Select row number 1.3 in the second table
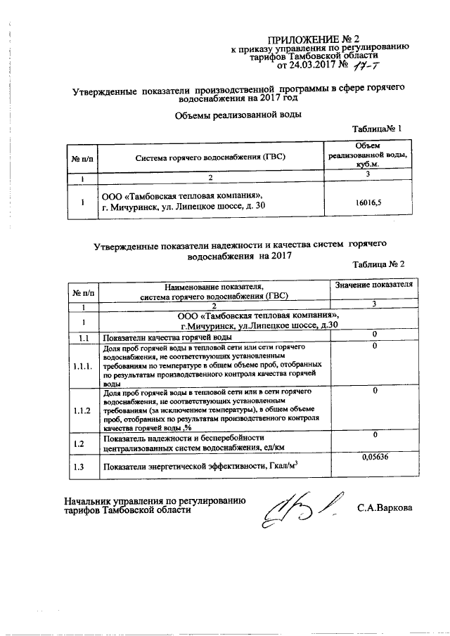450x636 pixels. [x=82, y=466]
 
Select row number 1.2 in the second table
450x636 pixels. [x=82, y=443]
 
